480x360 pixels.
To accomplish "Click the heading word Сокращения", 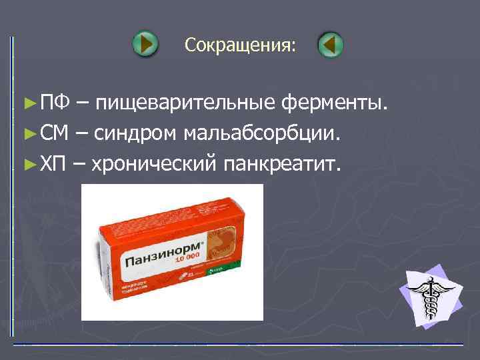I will (239, 45).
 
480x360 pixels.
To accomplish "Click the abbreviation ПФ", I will (53, 103).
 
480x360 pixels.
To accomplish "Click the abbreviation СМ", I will (54, 133).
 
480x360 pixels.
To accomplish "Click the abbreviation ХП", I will (53, 163).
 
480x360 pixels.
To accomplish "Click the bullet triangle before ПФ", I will (28, 103).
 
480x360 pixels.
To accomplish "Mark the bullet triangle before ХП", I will (28, 164).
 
